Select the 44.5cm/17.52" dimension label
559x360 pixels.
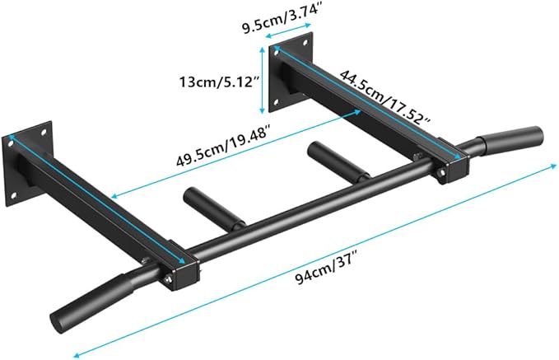coord(389,98)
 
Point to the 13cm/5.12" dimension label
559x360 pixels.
coord(216,82)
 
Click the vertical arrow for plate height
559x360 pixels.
coord(263,80)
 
